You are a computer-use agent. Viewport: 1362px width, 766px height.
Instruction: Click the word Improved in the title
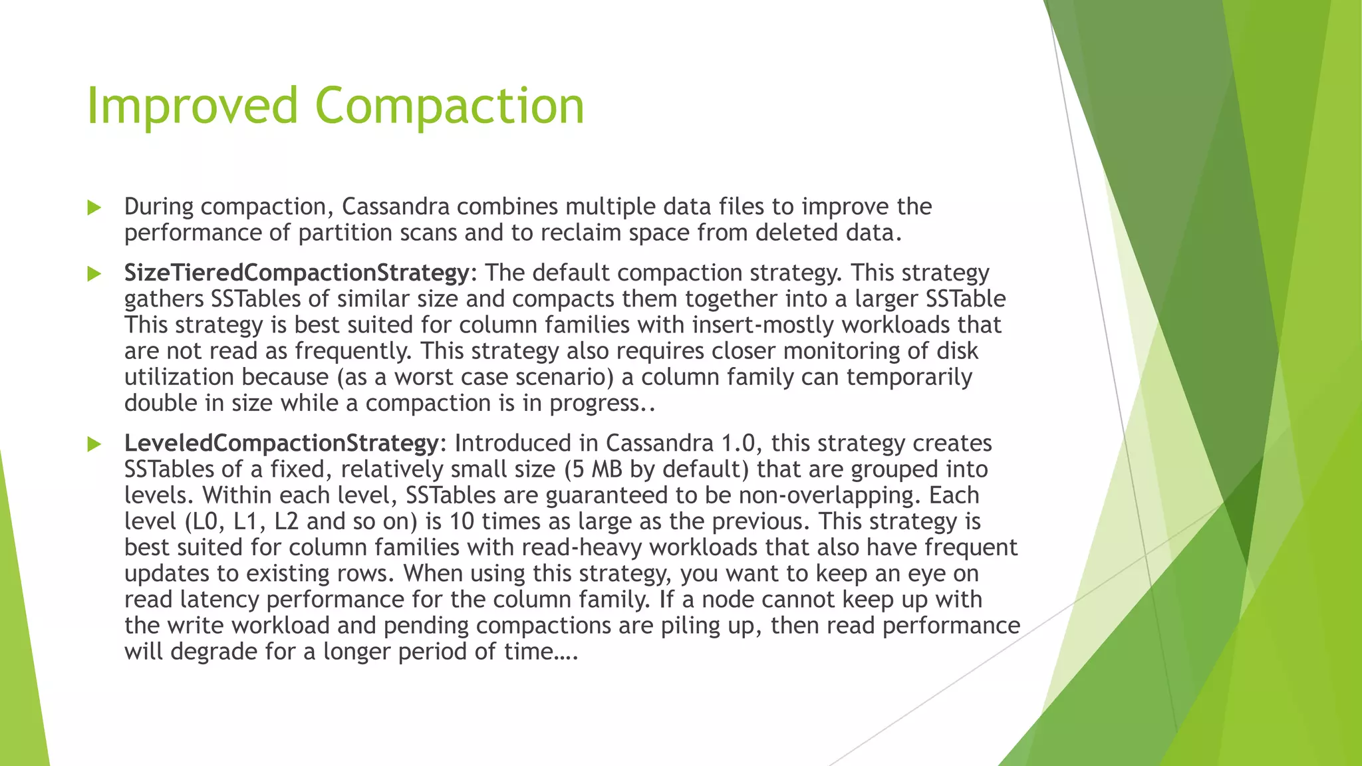[192, 106]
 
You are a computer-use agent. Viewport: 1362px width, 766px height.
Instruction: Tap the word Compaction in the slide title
[450, 106]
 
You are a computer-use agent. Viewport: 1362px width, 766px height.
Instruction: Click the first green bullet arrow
[94, 208]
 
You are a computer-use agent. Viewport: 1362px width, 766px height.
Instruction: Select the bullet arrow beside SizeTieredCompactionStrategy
[94, 274]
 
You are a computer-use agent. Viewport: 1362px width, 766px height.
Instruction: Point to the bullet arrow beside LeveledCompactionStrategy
[94, 444]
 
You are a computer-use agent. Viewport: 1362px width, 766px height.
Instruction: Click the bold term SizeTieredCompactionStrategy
[297, 273]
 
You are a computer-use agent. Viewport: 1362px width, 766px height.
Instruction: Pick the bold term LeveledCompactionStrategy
[281, 444]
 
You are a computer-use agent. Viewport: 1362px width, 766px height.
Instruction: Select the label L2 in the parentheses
[286, 521]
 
